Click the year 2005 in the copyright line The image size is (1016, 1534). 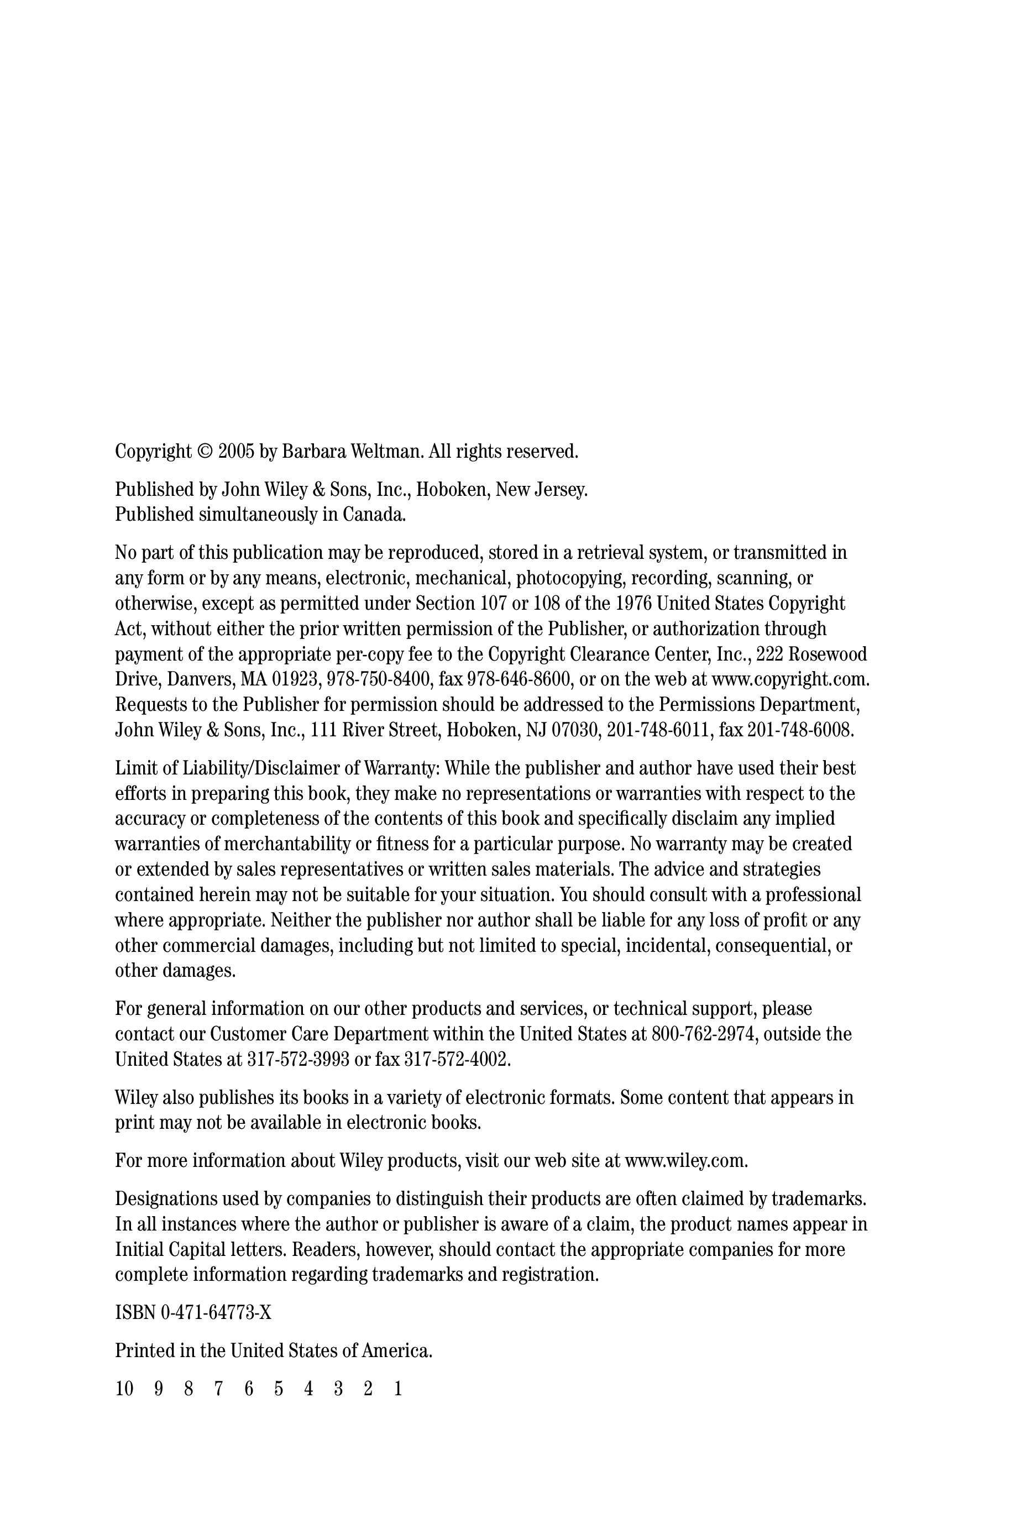coord(236,452)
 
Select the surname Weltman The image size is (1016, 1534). coord(387,452)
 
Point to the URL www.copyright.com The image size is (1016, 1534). coord(790,679)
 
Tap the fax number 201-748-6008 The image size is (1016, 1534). coord(801,730)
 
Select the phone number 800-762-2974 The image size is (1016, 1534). coord(704,1034)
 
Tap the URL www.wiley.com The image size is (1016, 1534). coord(686,1160)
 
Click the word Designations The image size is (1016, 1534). coord(166,1198)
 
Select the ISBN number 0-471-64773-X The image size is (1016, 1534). coord(216,1312)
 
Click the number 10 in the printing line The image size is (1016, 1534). coord(124,1389)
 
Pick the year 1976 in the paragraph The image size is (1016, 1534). coord(633,603)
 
